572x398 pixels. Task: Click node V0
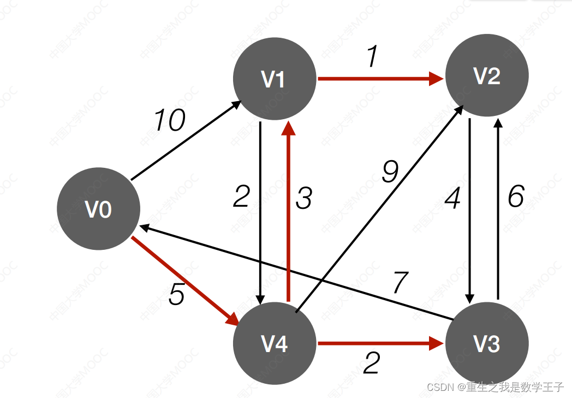(x=99, y=209)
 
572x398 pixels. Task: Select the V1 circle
(x=275, y=79)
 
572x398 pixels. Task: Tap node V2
(x=487, y=76)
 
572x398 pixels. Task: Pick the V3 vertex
(x=487, y=344)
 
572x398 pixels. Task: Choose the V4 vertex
(x=275, y=344)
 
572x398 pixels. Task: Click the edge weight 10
(x=170, y=121)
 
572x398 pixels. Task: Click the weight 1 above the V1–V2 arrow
(x=372, y=57)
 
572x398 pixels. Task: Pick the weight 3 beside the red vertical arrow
(x=303, y=198)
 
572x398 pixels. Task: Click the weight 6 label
(x=516, y=197)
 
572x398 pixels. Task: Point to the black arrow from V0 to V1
(x=186, y=141)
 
